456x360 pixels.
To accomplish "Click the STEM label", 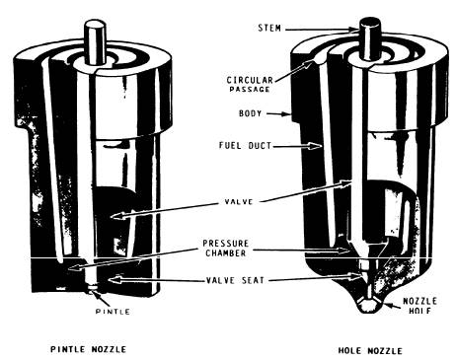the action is [x=269, y=28].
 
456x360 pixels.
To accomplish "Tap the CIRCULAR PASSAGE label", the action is [x=250, y=85].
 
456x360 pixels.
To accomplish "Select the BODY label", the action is [x=251, y=113].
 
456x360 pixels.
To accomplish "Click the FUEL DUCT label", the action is [x=246, y=145].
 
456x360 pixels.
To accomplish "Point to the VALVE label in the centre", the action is [x=239, y=201].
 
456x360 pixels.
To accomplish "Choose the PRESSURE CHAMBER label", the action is [x=226, y=249].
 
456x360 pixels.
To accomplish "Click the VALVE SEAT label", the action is [x=235, y=280].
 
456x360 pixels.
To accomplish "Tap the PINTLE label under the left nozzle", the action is [x=113, y=312].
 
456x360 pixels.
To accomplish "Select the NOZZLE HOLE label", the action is [x=419, y=306].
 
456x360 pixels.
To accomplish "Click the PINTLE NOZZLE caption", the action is [x=88, y=349].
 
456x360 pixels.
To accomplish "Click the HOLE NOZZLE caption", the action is [x=370, y=351].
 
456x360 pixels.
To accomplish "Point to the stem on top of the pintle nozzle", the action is [x=96, y=41].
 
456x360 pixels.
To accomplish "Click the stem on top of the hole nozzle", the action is [x=370, y=37].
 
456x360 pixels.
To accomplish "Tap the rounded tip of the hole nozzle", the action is [x=370, y=307].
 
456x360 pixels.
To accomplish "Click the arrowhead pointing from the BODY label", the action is [x=287, y=114].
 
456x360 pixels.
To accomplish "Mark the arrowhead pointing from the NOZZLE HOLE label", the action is [x=387, y=305].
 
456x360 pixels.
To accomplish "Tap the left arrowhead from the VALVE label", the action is [x=115, y=216].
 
